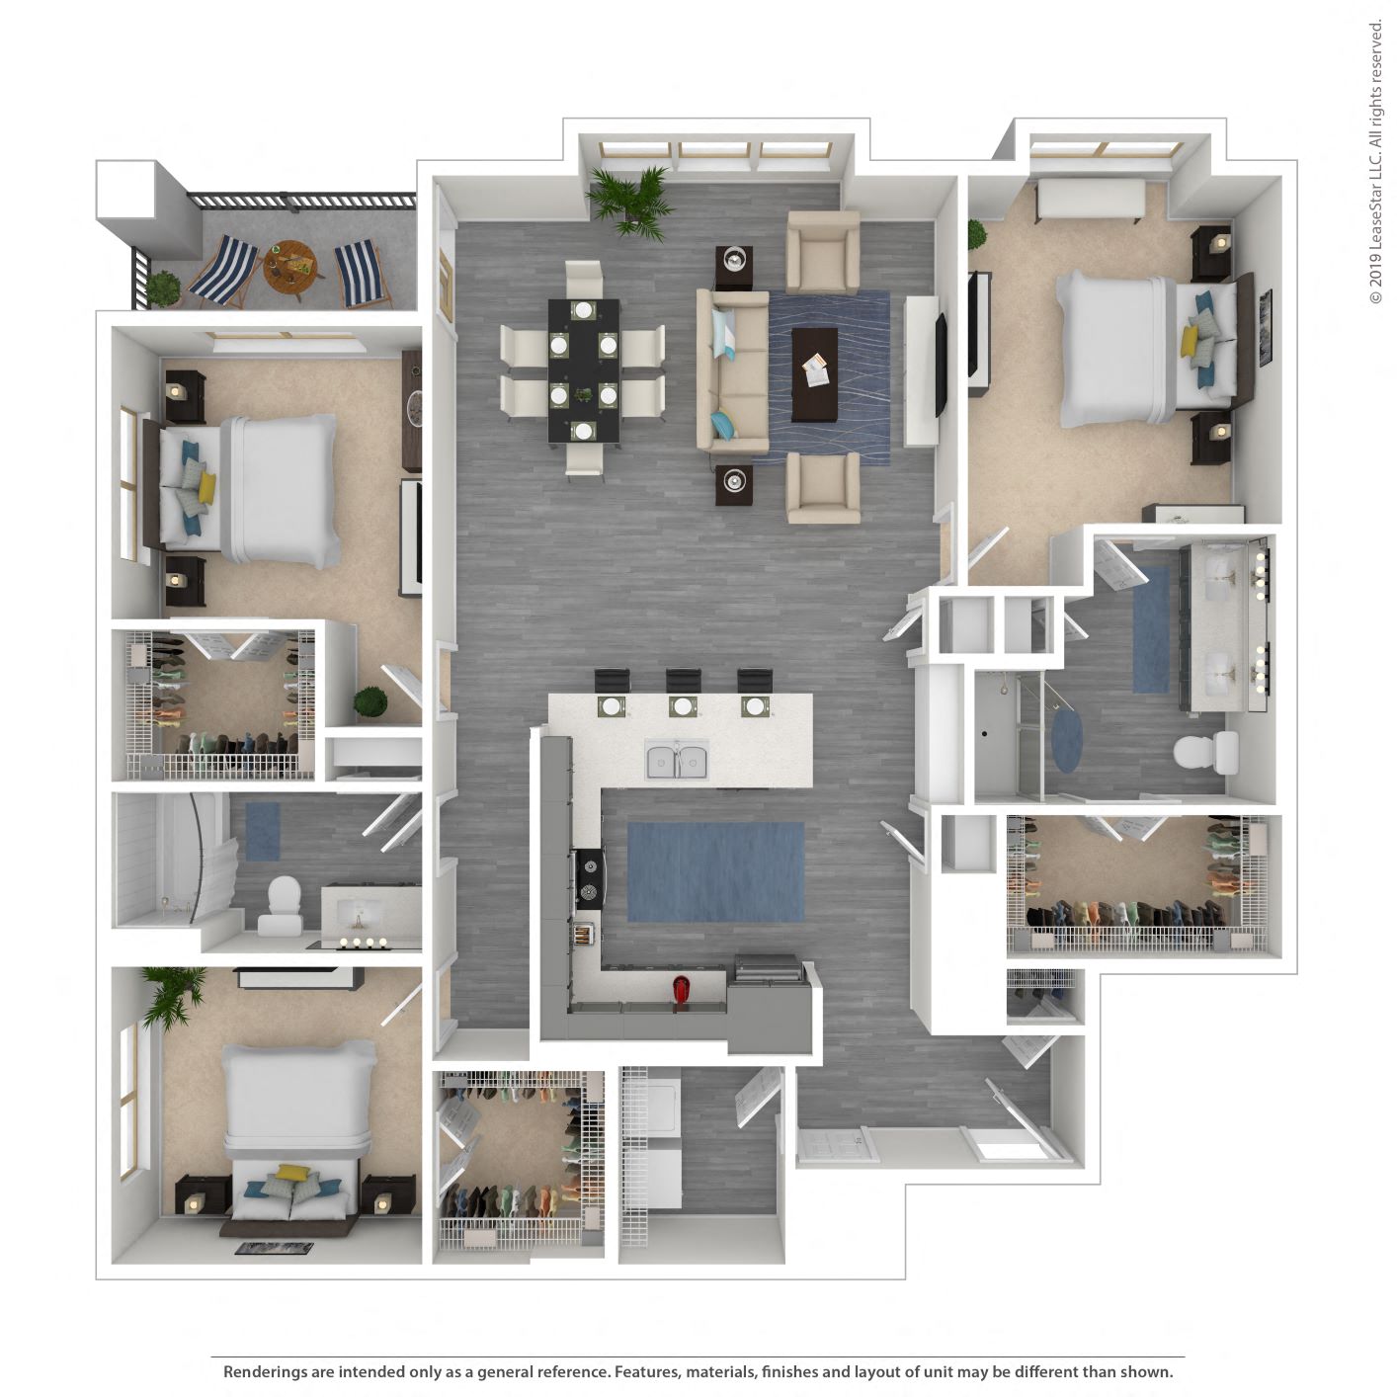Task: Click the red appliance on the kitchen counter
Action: click(x=681, y=989)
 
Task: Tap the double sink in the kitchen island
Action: click(x=677, y=762)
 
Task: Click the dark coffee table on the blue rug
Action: click(x=815, y=373)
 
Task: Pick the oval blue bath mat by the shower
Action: click(x=1066, y=742)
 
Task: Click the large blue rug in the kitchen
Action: click(x=716, y=872)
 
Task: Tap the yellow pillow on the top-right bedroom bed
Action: click(x=1190, y=341)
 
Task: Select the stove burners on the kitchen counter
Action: click(x=589, y=878)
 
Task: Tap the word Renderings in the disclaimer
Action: click(x=265, y=1371)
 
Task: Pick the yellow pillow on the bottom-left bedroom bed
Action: click(x=291, y=1173)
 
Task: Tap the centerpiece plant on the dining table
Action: click(x=585, y=395)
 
